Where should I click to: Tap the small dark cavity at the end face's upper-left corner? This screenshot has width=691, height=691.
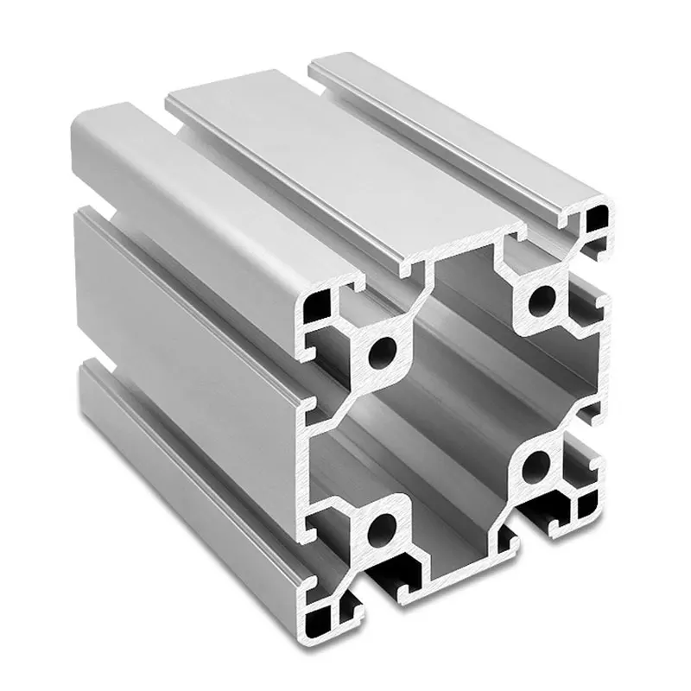click(x=317, y=305)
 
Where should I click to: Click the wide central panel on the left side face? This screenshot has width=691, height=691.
click(x=181, y=320)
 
